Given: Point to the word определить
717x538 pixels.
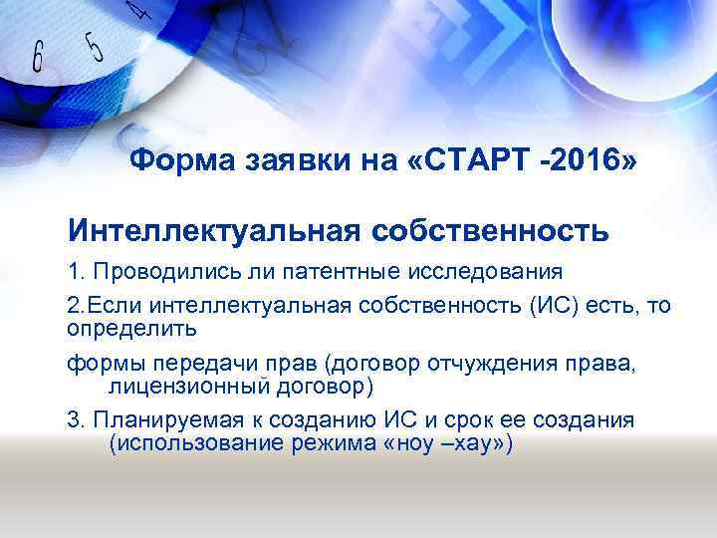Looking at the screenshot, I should pos(131,326).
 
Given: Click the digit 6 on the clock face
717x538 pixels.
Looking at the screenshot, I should pos(39,58).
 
